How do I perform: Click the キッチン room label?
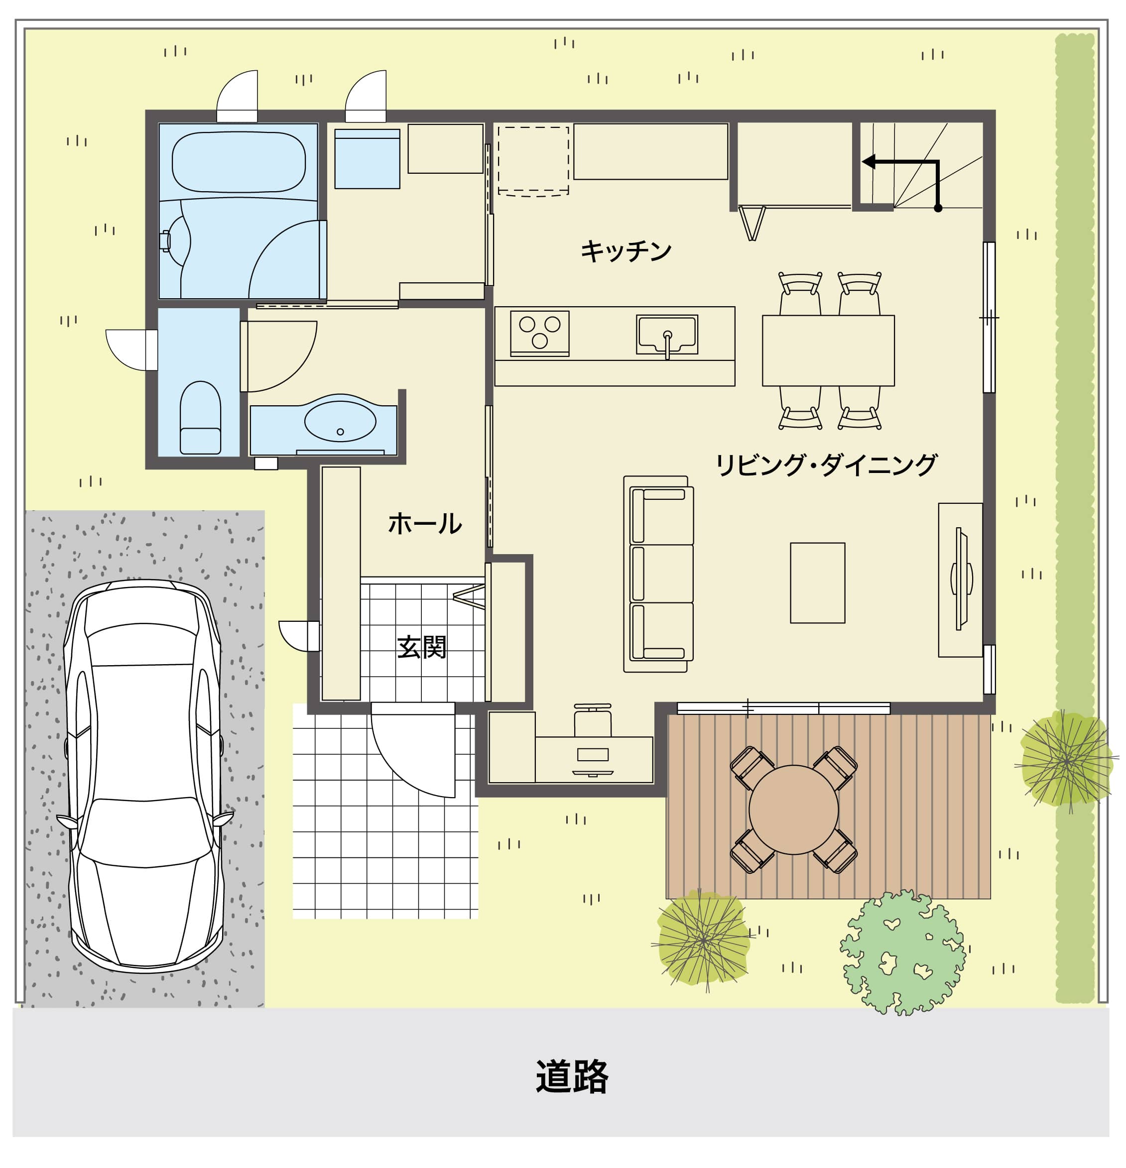626,251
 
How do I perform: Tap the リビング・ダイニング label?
826,465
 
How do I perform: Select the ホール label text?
424,524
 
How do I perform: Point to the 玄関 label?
421,647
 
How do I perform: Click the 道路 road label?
572,1076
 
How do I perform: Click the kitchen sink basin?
667,335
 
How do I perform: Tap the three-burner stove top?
539,333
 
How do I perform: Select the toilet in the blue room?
200,418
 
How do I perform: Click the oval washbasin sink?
340,421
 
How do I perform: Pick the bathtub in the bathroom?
239,163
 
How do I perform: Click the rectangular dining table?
828,350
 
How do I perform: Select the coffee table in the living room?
817,583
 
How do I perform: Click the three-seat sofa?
659,574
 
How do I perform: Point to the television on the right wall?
961,579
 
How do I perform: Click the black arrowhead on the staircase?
869,161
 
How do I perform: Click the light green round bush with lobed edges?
902,952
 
